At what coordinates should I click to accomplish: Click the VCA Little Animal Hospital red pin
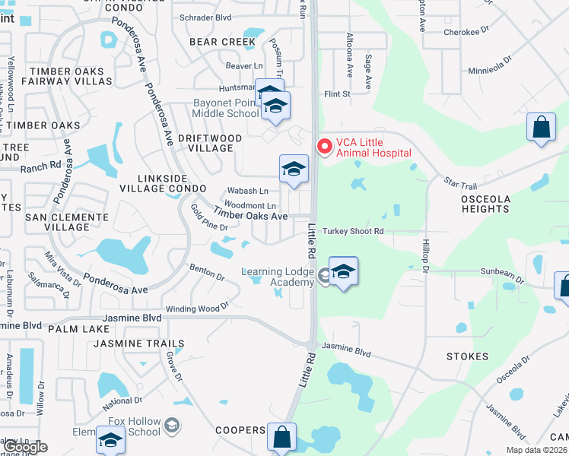pos(324,145)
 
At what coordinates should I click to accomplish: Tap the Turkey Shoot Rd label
pos(353,231)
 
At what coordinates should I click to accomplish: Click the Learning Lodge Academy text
pos(278,277)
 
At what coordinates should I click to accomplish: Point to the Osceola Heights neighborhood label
pos(485,203)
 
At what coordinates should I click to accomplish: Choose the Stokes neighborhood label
pos(468,356)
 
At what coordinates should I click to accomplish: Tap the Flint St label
pos(336,94)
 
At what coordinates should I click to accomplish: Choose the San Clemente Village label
pos(67,222)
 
